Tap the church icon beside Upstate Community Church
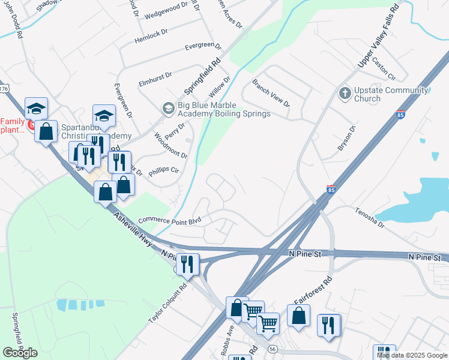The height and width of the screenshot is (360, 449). [x=345, y=93]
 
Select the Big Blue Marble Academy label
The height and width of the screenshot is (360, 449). [x=224, y=110]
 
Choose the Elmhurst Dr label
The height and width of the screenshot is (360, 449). [x=155, y=76]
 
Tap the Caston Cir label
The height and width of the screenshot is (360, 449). [x=384, y=69]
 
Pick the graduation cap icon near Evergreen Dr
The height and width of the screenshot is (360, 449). [x=104, y=115]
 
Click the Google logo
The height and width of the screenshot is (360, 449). [x=20, y=353]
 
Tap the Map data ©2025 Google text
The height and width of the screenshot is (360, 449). [x=411, y=355]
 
